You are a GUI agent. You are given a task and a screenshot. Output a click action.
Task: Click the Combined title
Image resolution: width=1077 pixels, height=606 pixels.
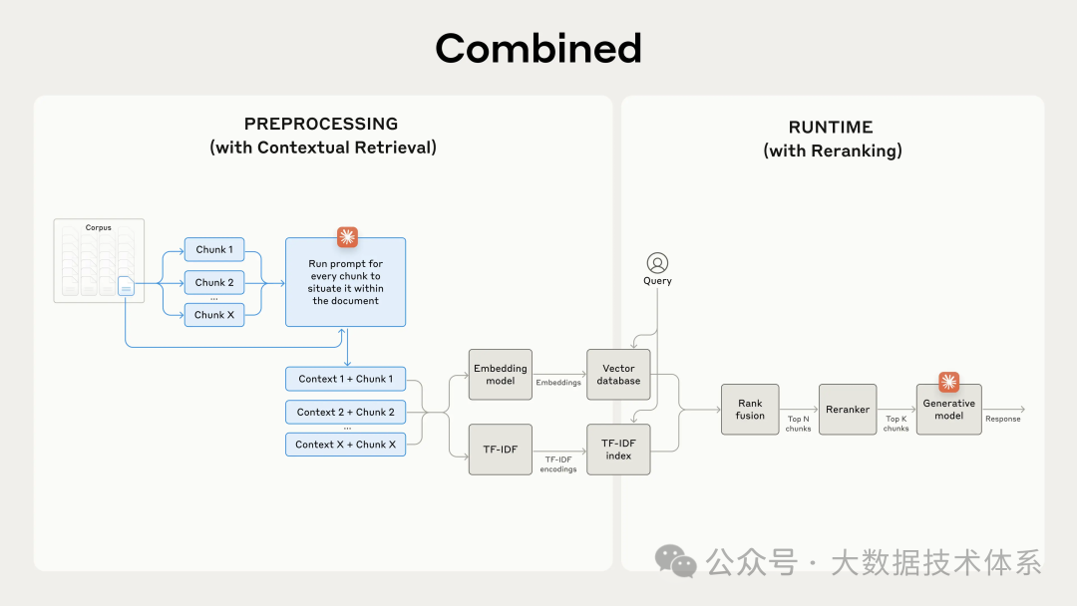coord(538,48)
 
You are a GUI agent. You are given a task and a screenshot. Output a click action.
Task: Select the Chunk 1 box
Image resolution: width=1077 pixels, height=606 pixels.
coord(214,250)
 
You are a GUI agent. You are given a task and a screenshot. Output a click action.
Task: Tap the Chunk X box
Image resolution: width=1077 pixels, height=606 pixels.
coord(214,315)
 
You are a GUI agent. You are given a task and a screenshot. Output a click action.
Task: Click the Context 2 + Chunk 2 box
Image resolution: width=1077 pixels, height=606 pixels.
coord(345,412)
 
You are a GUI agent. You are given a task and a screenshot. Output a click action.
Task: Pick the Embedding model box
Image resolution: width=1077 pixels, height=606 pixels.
coord(501,375)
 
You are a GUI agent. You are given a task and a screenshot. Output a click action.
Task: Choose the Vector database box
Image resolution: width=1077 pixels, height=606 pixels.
coord(618,375)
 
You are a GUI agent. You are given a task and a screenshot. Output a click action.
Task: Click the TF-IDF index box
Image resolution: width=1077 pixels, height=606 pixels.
coord(618,449)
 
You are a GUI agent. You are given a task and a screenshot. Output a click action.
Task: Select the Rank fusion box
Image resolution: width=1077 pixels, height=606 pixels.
coord(750,409)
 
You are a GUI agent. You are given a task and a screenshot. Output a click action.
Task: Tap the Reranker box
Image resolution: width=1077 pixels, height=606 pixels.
coord(848,409)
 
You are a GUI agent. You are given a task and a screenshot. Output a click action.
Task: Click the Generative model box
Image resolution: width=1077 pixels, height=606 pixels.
coord(949,410)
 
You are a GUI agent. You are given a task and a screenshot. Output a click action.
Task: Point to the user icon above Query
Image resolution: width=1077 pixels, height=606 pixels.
coord(657,263)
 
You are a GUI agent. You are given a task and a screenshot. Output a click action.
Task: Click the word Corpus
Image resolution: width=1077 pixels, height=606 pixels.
coord(99,227)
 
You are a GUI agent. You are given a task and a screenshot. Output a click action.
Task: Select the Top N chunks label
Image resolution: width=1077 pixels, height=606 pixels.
coord(799,424)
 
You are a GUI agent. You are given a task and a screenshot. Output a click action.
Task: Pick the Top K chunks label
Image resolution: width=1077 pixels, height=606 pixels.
coord(897,424)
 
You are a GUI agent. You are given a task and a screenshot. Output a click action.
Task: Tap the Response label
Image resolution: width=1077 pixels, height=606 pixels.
coord(1003,420)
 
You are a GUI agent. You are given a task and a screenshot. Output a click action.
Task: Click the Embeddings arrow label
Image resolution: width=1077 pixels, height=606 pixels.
coord(558,383)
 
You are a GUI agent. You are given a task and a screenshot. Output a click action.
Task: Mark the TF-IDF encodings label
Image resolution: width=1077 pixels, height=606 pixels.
coord(558,464)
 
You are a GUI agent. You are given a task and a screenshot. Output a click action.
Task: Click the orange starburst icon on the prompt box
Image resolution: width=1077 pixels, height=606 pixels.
coord(347,237)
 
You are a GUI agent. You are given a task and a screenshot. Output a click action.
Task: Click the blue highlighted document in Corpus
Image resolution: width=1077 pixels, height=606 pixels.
coord(126,286)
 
